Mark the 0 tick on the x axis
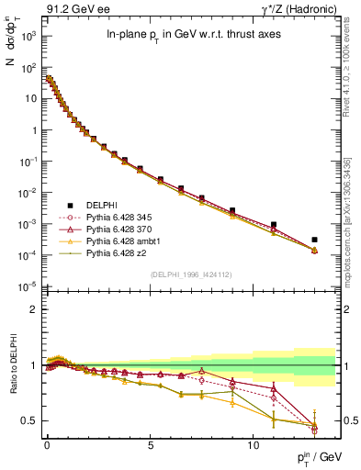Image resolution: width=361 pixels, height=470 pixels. point(47,442)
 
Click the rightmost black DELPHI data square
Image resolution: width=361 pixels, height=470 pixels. point(314,240)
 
